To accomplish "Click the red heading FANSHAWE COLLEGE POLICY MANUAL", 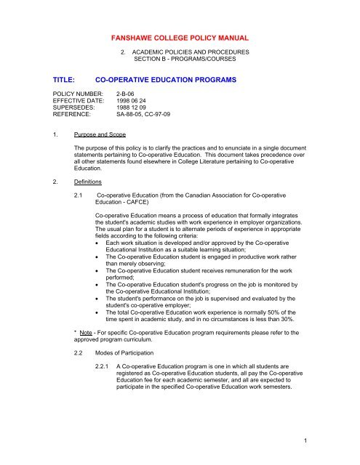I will click(180, 35).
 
